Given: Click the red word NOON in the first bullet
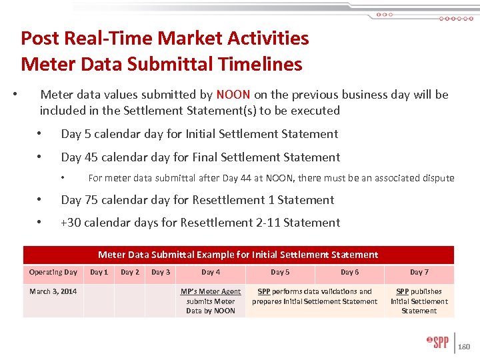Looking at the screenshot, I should pos(233,95).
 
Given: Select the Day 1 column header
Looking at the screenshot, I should pos(99,272).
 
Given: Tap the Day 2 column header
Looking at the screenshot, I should pos(130,272).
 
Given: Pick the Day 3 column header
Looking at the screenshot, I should pos(161,272).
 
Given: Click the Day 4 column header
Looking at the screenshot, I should pos(211,272).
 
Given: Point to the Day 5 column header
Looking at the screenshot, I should pos(280,272).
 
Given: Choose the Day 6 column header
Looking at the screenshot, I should pos(349,272).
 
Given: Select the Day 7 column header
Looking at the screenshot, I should pos(419,272).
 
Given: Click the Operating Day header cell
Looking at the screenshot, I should pos(53,272).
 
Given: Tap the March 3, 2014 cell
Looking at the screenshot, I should pos(53,291).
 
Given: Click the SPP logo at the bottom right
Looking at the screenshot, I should pos(437,343).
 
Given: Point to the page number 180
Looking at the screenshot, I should pos(465,347).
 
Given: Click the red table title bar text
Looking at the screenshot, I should pos(238,255).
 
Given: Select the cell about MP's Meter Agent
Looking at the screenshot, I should pos(211,301).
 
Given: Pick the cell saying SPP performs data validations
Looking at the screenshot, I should pos(315,296).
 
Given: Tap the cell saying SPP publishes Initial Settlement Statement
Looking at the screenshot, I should pos(419,301).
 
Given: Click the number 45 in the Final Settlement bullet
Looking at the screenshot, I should pos(93,157).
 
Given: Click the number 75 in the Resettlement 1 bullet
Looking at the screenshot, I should pos(93,200).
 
